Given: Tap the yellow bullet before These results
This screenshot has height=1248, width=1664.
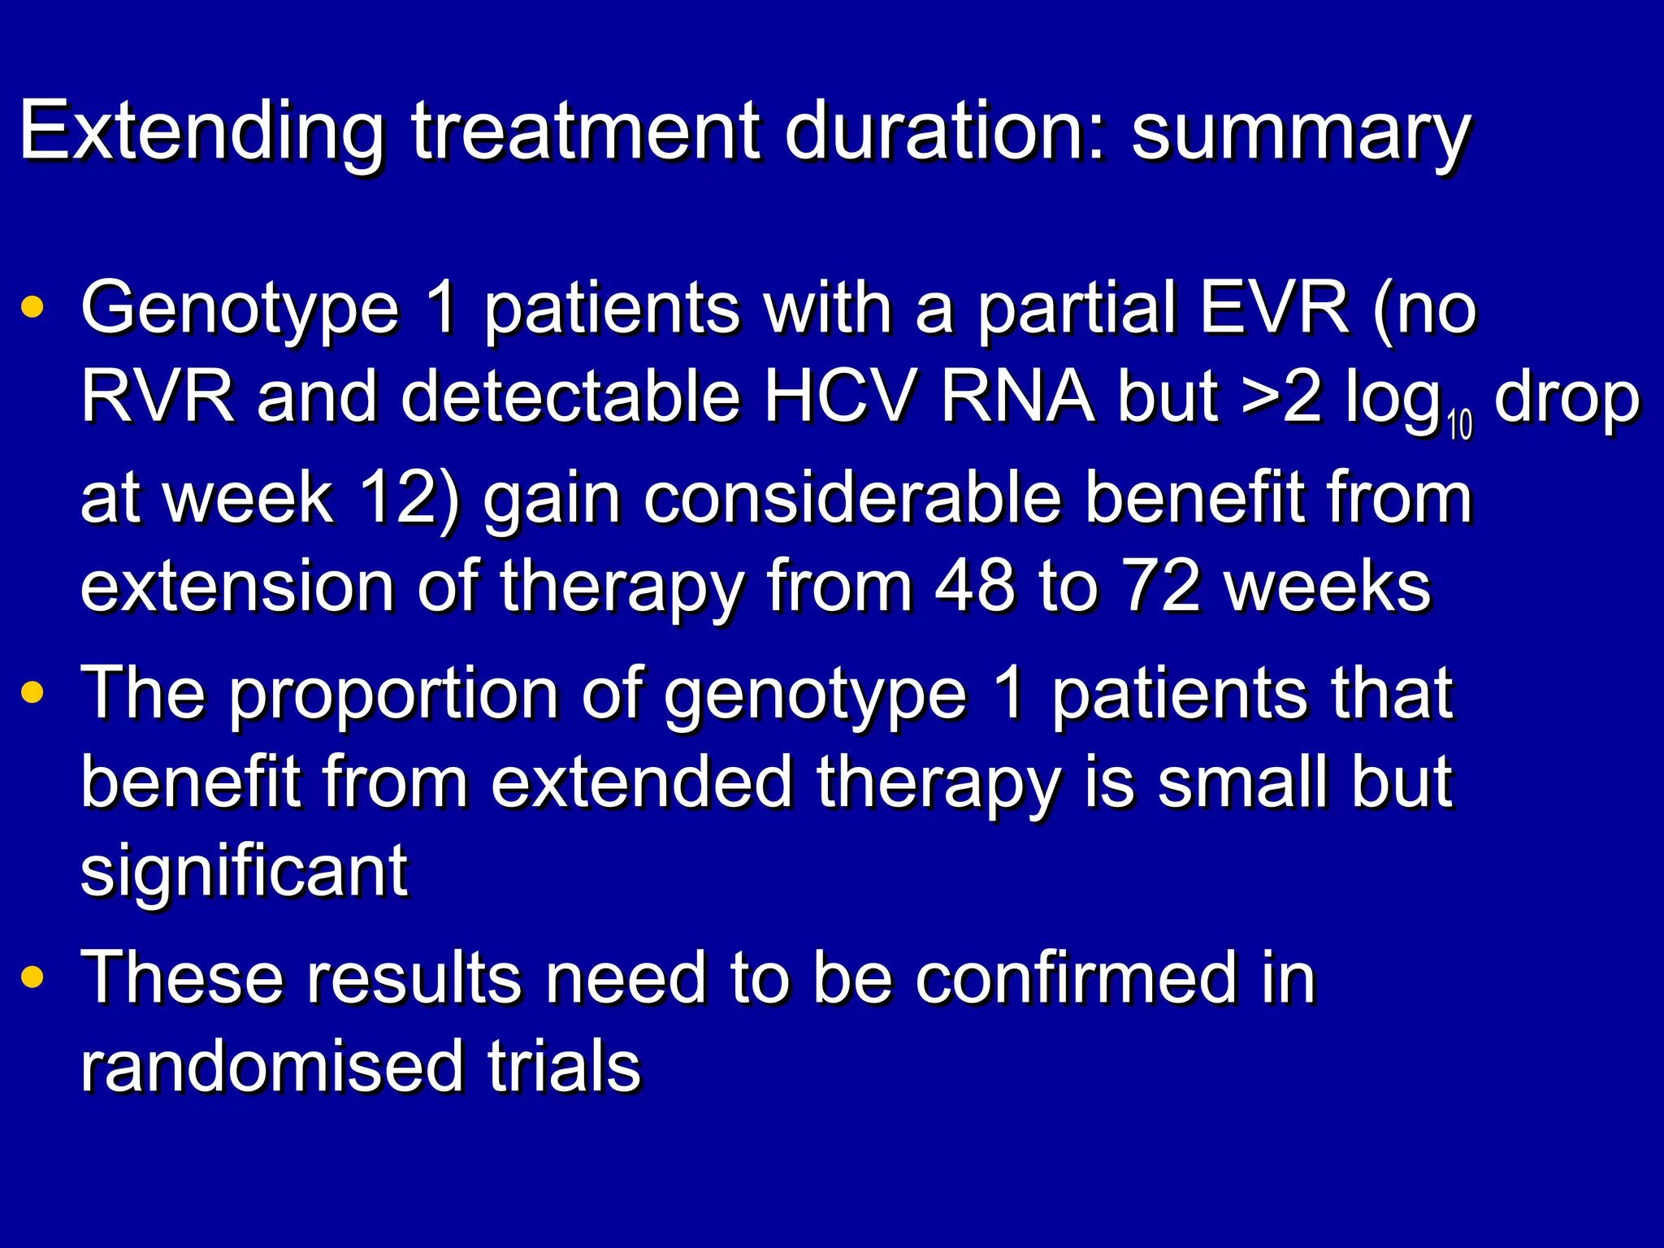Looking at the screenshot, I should [33, 977].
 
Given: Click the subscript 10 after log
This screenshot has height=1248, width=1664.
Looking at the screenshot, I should [1459, 427].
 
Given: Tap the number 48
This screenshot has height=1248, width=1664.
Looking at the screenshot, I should [975, 587].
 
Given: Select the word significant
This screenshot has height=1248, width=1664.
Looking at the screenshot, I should [244, 871].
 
